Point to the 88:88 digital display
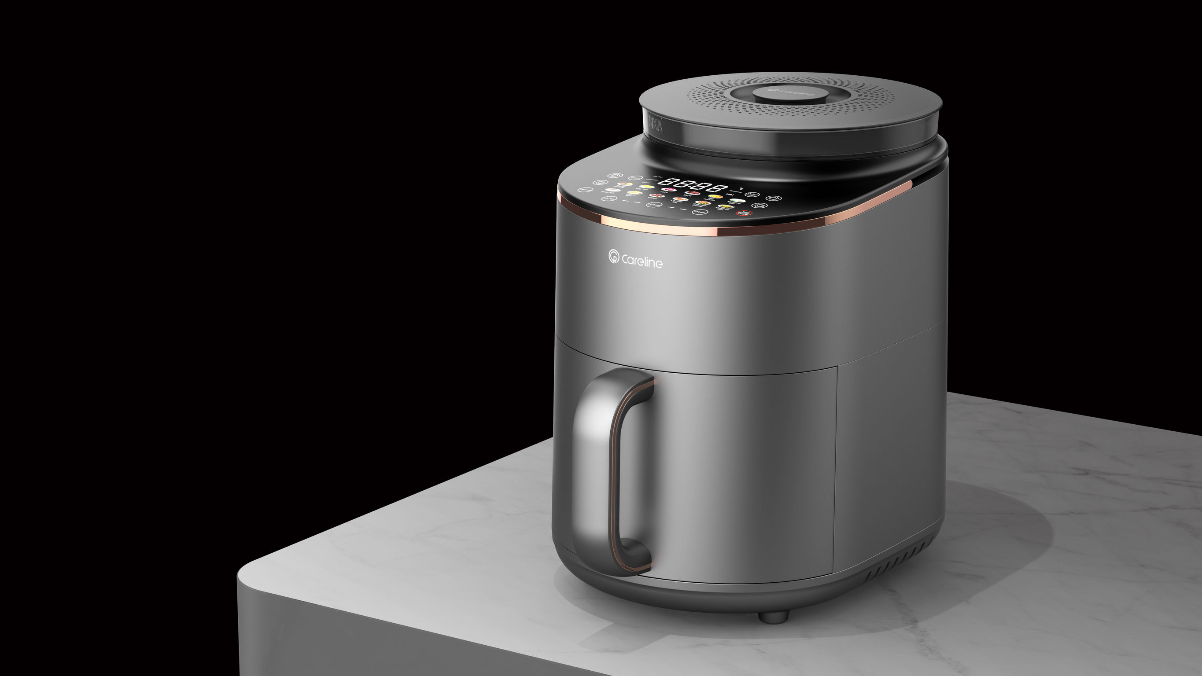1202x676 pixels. point(693,185)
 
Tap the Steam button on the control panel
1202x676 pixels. point(701,212)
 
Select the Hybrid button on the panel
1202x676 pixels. point(655,205)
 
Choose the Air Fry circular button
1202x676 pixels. point(609,199)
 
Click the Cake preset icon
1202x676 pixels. point(669,189)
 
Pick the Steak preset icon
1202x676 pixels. point(693,193)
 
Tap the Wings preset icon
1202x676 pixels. point(657,195)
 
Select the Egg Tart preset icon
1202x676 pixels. point(647,186)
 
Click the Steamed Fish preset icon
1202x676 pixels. point(726,206)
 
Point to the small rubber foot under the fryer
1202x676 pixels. point(773,616)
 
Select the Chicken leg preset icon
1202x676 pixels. point(681,199)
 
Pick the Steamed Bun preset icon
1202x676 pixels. point(738,200)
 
